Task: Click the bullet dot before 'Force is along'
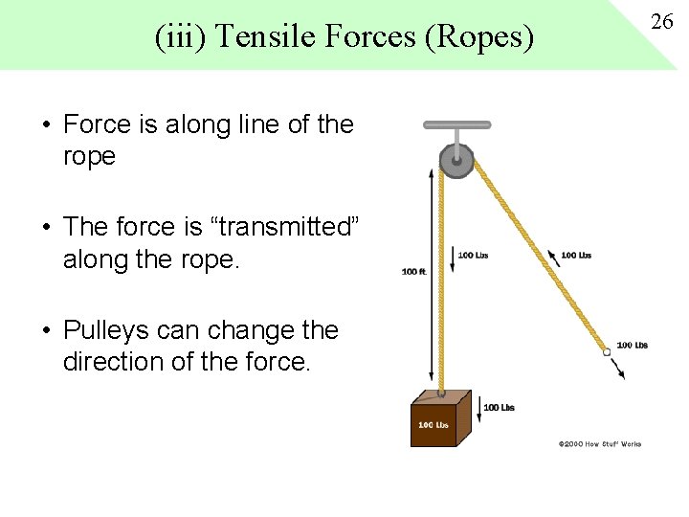[46, 125]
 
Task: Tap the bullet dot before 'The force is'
[46, 228]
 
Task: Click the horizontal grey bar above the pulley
[457, 124]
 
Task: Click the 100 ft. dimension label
[413, 272]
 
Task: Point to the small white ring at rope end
[607, 352]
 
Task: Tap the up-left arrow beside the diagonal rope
[552, 257]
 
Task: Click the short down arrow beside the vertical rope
[452, 258]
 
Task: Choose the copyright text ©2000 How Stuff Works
[599, 443]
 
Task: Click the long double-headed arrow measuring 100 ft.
[431, 278]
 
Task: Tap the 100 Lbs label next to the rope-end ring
[632, 346]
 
